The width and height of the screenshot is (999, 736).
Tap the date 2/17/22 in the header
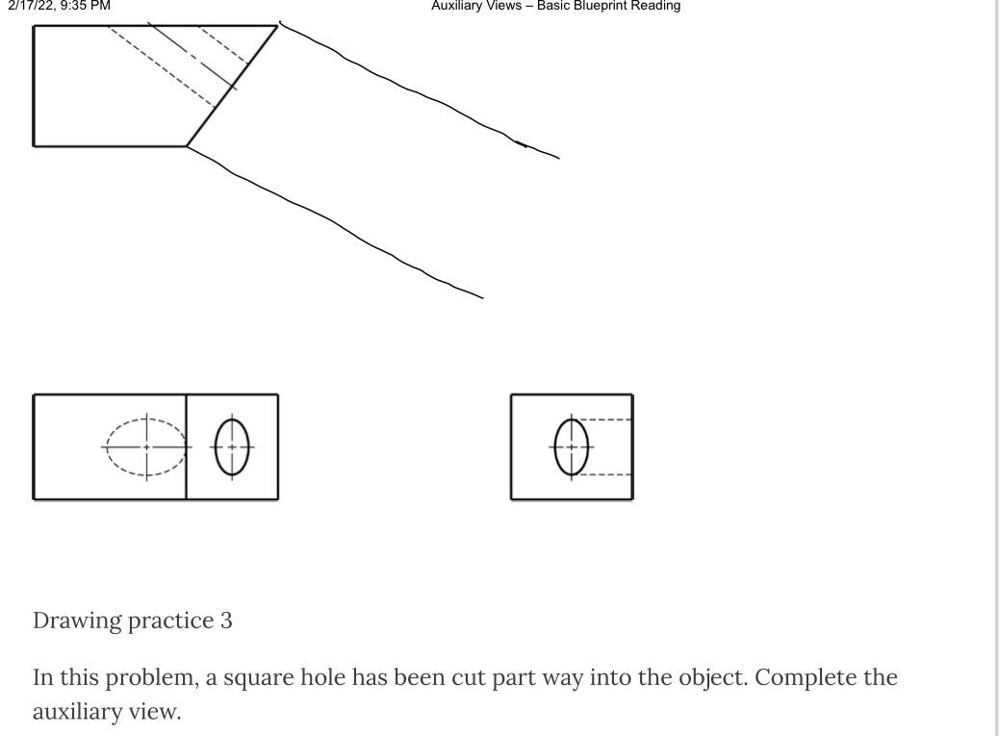point(32,6)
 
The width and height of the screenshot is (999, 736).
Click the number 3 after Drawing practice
point(226,621)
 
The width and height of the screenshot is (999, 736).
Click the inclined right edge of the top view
point(232,87)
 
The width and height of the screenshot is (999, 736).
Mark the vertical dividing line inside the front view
point(186,446)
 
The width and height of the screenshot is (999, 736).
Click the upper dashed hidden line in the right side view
point(606,419)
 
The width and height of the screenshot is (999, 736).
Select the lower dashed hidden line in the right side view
point(606,474)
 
